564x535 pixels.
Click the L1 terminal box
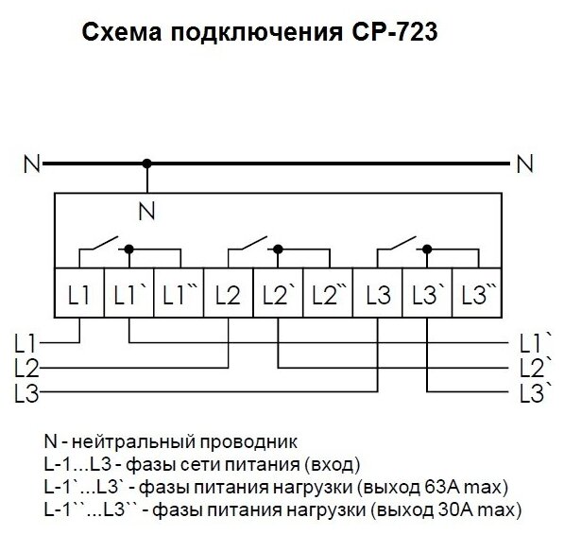pyautogui.click(x=79, y=292)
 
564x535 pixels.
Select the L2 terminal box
pyautogui.click(x=229, y=292)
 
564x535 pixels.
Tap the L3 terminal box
pyautogui.click(x=377, y=292)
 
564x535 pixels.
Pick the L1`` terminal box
pyautogui.click(x=179, y=292)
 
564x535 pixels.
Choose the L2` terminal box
pyautogui.click(x=278, y=292)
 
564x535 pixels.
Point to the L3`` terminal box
pyautogui.click(x=477, y=292)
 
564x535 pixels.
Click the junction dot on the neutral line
pyautogui.click(x=146, y=164)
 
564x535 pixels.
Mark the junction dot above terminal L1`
pyautogui.click(x=128, y=249)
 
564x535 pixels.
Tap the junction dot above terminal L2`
pyautogui.click(x=278, y=249)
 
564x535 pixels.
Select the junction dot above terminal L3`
pyautogui.click(x=427, y=249)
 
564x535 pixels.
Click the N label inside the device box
pyautogui.click(x=146, y=211)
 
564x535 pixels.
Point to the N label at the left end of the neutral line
pyautogui.click(x=32, y=164)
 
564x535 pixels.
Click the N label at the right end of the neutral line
pyautogui.click(x=524, y=164)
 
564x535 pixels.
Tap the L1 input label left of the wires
pyautogui.click(x=26, y=343)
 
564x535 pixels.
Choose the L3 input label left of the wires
pyautogui.click(x=26, y=392)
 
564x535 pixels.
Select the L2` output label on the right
pyautogui.click(x=536, y=368)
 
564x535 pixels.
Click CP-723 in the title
pyautogui.click(x=395, y=32)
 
